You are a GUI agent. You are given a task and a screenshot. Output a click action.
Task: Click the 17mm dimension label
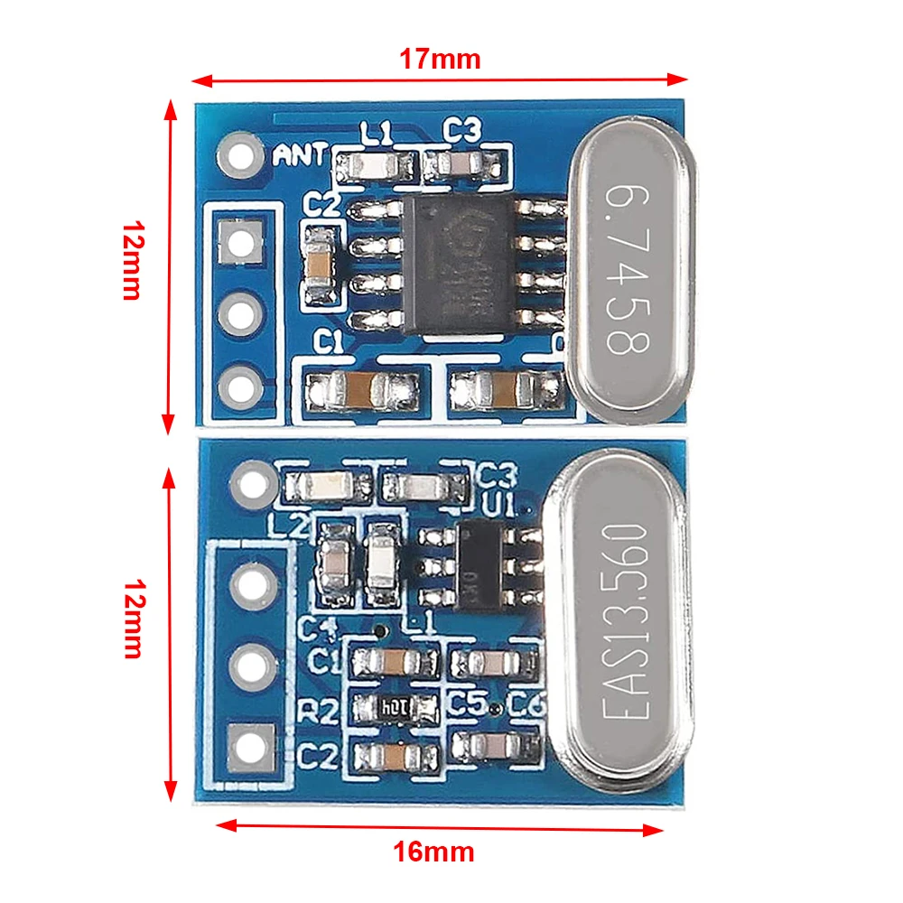[440, 60]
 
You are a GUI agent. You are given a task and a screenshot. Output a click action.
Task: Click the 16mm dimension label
[433, 852]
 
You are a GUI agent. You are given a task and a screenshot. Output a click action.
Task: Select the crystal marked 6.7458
[631, 269]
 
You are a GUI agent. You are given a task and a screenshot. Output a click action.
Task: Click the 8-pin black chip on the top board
[459, 265]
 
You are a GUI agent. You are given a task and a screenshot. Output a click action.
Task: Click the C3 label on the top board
[461, 132]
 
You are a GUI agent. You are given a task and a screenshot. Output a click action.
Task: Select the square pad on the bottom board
[248, 746]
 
